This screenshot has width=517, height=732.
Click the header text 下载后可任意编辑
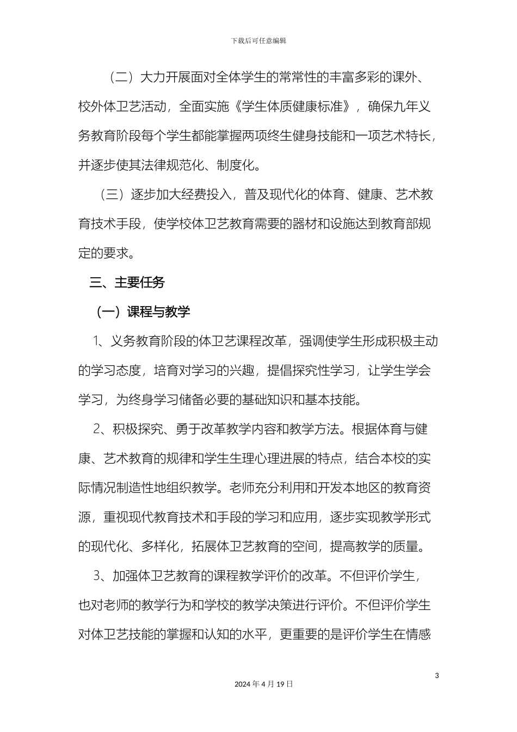pyautogui.click(x=258, y=41)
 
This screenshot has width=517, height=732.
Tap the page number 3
pyautogui.click(x=437, y=676)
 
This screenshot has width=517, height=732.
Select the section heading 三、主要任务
pyautogui.click(x=127, y=283)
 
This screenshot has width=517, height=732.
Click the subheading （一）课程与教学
pyautogui.click(x=143, y=312)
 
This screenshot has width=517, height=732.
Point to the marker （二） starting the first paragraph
pyautogui.click(x=120, y=77)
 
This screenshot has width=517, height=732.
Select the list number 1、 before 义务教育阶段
pyautogui.click(x=100, y=341)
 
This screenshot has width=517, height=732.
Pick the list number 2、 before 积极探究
pyautogui.click(x=100, y=429)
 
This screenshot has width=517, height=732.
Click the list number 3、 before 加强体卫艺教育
pyautogui.click(x=100, y=576)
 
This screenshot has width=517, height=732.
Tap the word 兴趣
pyautogui.click(x=242, y=371)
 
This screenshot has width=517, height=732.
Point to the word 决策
pyautogui.click(x=280, y=605)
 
